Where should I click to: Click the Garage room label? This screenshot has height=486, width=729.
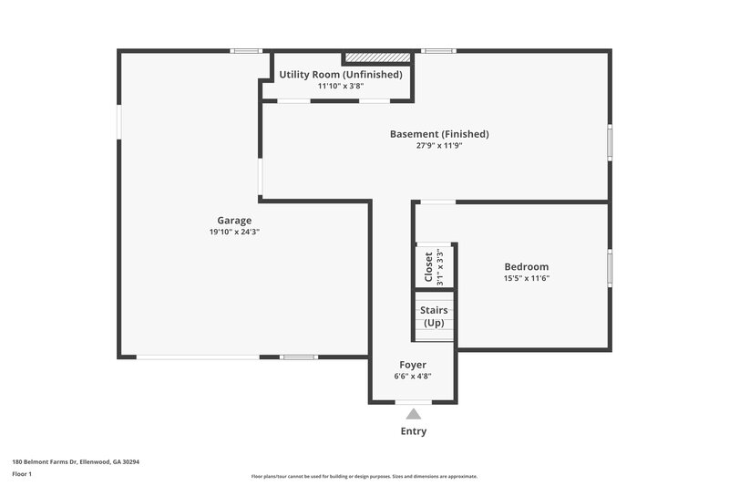click(234, 220)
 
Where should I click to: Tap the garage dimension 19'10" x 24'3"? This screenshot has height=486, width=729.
click(234, 232)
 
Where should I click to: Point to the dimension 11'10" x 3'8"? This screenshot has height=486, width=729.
click(340, 86)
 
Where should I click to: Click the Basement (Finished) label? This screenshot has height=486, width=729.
click(439, 134)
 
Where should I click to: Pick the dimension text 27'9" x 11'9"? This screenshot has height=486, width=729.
click(439, 146)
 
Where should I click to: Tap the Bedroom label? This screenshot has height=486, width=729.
click(527, 266)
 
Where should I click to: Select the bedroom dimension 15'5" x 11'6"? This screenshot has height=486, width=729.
click(527, 278)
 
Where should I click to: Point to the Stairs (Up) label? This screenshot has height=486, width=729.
click(434, 316)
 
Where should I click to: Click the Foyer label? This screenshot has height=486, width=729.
click(413, 364)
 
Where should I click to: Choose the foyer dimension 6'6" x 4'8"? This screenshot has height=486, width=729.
click(413, 376)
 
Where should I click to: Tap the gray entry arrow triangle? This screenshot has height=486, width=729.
click(413, 414)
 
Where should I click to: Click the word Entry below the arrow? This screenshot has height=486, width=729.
click(413, 431)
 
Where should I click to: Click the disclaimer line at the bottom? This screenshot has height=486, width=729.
click(364, 476)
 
